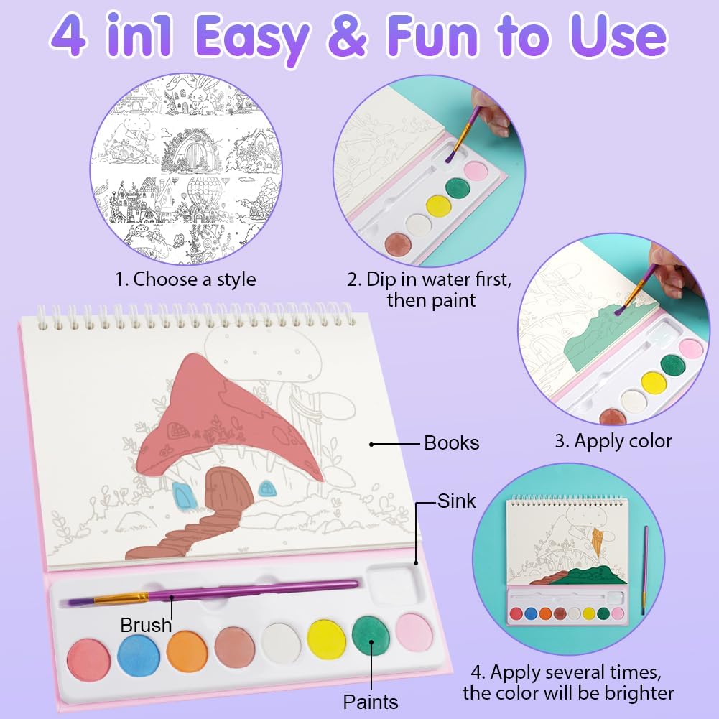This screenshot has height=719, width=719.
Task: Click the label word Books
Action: [x=451, y=443]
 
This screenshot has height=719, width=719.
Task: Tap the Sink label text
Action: [x=456, y=501]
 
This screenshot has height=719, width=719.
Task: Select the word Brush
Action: [x=146, y=625]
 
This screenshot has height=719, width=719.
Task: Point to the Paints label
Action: [x=371, y=702]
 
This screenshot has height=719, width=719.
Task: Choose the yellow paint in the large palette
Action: [x=327, y=640]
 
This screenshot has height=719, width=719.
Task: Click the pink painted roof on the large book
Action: [x=220, y=422]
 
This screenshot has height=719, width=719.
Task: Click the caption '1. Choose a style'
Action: [x=185, y=279]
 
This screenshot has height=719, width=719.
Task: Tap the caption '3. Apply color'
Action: [x=613, y=441]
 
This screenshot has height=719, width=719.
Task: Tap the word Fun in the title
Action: [x=433, y=37]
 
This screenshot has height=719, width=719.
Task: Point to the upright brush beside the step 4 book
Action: [x=645, y=570]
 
